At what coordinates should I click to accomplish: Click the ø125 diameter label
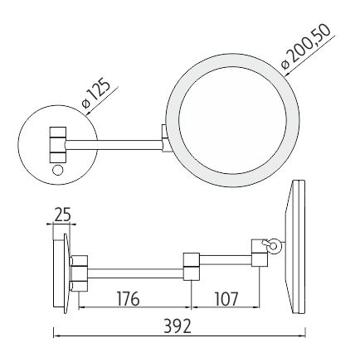pos(97,94)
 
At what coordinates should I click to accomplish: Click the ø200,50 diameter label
pos(305,46)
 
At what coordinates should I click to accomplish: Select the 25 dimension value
pos(62,215)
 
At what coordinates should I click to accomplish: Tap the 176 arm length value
pos(128,299)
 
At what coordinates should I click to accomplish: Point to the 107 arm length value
pos(226,299)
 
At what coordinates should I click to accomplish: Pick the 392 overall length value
pos(178,326)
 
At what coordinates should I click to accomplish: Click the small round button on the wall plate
pos(57,170)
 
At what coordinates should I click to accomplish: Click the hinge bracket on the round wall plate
pos(58,144)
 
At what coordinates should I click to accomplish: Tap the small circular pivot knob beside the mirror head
pos(275,245)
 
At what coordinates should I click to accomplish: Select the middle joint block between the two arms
pos(192,266)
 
